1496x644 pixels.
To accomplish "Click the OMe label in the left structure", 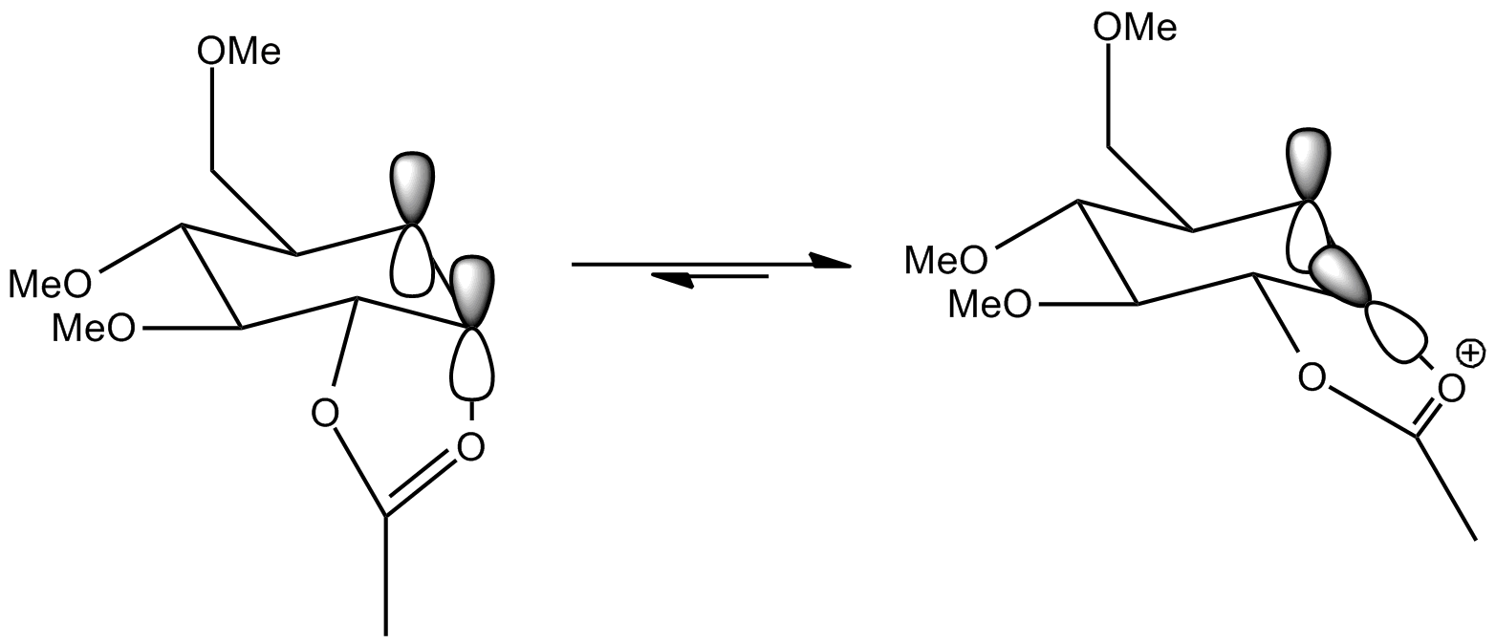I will point(239,53).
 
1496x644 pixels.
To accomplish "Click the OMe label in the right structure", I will point(1135,29).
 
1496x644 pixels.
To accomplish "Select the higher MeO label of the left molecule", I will point(52,283).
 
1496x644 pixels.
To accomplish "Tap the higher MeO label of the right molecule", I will point(947,258).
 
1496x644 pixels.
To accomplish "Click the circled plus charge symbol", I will point(1473,354).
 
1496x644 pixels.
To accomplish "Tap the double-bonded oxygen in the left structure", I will point(469,446).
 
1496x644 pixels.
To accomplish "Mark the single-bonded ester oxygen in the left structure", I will point(325,413).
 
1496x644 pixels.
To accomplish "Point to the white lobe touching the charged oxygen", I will point(1398,333).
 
